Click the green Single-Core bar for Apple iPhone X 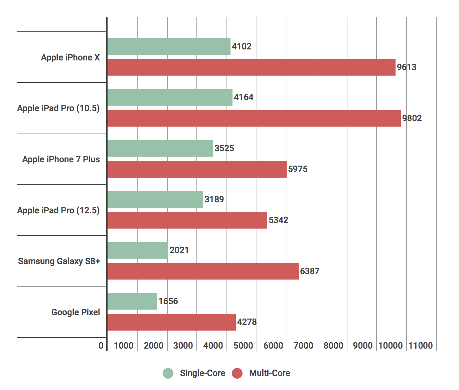(x=169, y=46)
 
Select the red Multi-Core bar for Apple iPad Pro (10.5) (x=254, y=118)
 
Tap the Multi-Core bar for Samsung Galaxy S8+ (x=203, y=271)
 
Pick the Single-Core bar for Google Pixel (x=132, y=301)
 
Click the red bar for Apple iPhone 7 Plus (x=197, y=169)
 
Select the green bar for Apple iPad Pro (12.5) (x=155, y=199)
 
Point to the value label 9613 (x=407, y=67)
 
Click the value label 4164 (x=244, y=97)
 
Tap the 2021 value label (x=179, y=250)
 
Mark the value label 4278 (x=247, y=322)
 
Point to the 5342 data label (x=278, y=220)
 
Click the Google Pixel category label (x=75, y=312)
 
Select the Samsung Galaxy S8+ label (x=59, y=261)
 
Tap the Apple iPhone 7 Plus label (x=61, y=159)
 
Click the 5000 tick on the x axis (x=243, y=346)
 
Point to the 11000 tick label (x=421, y=346)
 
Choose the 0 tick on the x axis (x=101, y=346)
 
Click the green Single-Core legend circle (x=168, y=373)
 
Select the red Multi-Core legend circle (x=237, y=373)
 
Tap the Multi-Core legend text (x=270, y=373)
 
